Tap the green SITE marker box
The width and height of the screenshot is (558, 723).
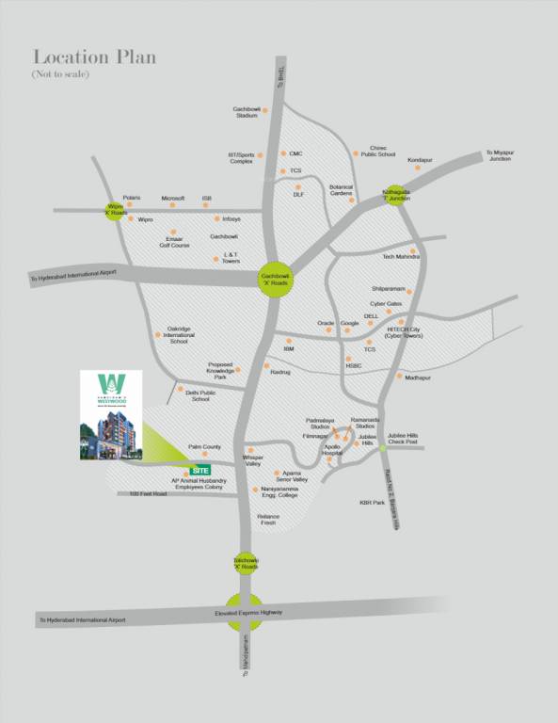click(199, 469)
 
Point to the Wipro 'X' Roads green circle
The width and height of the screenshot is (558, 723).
click(116, 209)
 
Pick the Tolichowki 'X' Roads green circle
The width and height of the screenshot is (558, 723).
click(246, 564)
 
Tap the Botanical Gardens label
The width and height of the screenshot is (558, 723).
click(340, 190)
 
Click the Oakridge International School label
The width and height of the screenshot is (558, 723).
click(179, 334)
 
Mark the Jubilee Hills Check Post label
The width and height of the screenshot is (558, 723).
click(402, 438)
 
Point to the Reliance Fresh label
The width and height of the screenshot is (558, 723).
click(268, 520)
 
